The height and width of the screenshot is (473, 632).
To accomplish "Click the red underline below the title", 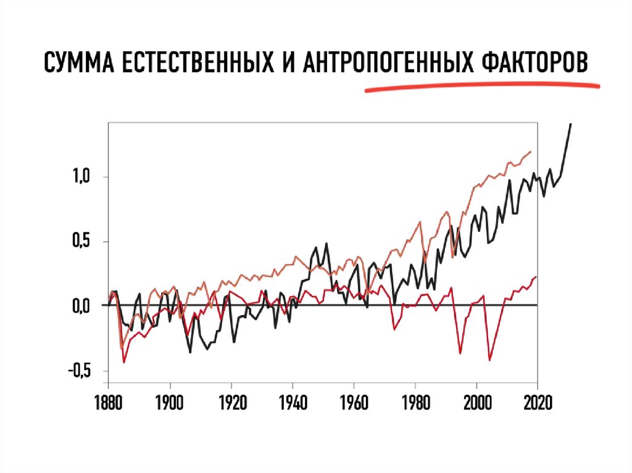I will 481,86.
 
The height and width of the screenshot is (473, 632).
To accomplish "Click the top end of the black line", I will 571,124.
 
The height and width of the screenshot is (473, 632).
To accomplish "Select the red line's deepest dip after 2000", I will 490,360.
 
